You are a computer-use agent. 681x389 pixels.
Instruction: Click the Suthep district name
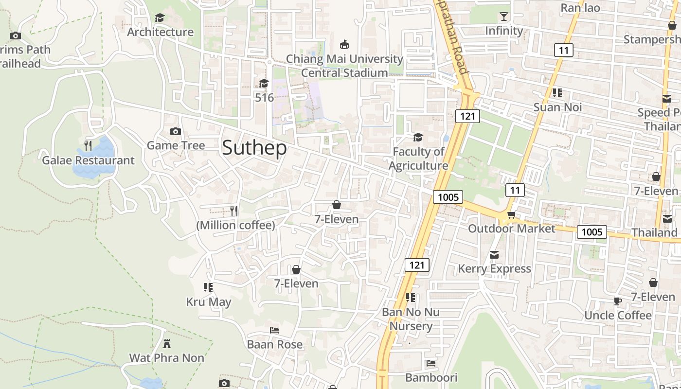tap(254, 148)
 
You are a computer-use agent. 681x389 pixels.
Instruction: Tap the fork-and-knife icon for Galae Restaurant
tap(88, 145)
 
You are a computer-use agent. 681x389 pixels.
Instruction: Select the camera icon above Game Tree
tap(176, 131)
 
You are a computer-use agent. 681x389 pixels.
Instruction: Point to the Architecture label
tap(160, 32)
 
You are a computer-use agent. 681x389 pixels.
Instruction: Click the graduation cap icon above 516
tap(264, 84)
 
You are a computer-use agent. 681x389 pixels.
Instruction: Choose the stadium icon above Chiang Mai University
tap(344, 45)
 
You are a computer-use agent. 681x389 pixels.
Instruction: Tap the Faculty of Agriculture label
tap(418, 159)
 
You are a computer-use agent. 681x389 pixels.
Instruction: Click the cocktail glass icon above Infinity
tap(503, 17)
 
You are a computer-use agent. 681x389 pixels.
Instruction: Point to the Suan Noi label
tap(557, 107)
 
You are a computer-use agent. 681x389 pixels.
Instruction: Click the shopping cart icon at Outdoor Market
tap(511, 215)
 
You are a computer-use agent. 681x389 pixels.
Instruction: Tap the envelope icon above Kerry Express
tap(494, 255)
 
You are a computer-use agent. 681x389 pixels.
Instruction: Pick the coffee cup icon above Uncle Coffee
tap(618, 301)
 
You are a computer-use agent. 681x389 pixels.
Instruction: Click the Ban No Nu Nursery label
tap(411, 319)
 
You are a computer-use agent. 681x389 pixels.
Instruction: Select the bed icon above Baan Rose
tap(274, 330)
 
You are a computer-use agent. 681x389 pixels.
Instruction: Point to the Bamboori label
tap(431, 377)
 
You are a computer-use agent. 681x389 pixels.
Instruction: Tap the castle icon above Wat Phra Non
tap(167, 344)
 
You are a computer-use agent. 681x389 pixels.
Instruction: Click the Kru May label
tap(209, 302)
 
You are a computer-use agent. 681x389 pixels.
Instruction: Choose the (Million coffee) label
tap(235, 225)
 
